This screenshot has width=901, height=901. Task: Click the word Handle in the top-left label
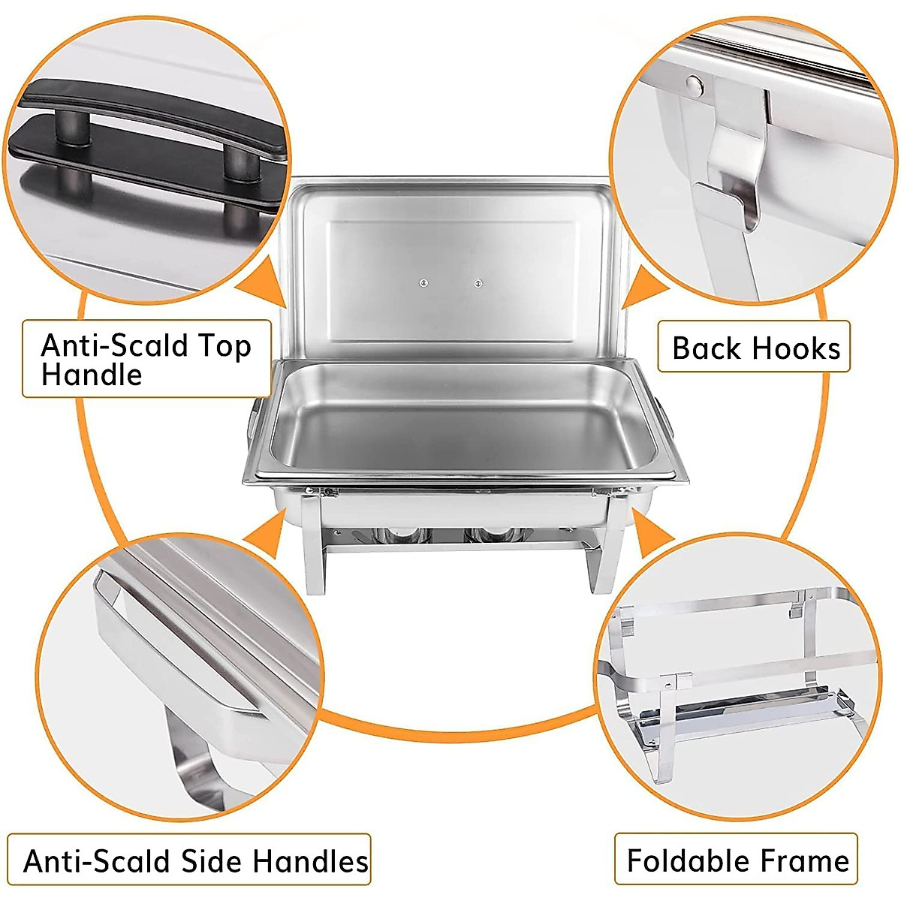[92, 374]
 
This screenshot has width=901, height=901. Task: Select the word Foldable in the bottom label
[689, 860]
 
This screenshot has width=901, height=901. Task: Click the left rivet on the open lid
[423, 283]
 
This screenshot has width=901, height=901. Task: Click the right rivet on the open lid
[478, 283]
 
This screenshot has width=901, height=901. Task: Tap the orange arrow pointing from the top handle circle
[264, 283]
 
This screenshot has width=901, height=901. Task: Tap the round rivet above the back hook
[695, 85]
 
